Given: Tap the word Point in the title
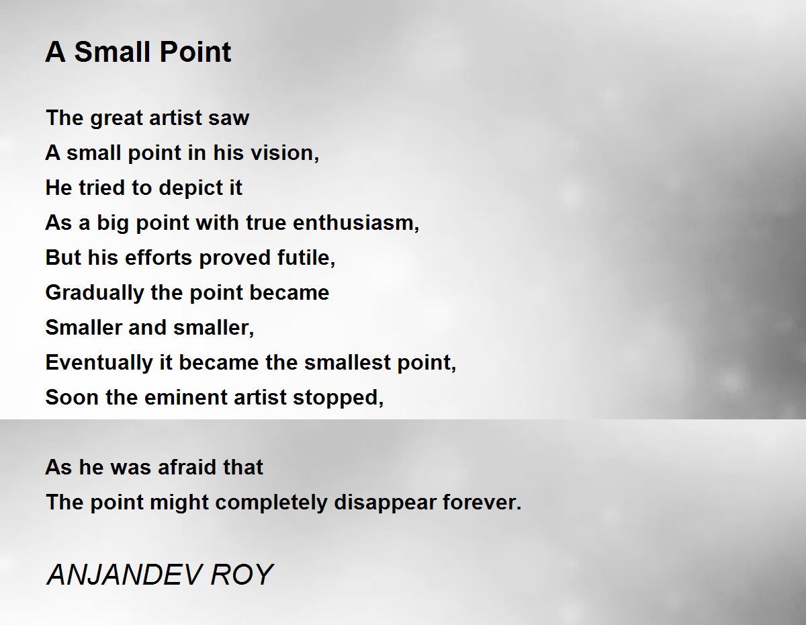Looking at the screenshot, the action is click(x=195, y=52).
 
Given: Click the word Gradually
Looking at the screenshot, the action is click(x=95, y=293).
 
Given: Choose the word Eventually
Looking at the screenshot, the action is click(x=99, y=363).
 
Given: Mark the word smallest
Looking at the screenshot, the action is click(x=347, y=362).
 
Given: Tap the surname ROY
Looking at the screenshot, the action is click(x=242, y=574).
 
